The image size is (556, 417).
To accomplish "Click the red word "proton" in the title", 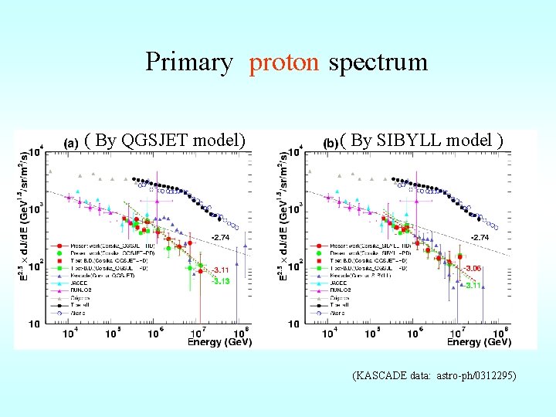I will [283, 62].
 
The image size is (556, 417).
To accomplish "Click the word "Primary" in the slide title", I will [188, 62].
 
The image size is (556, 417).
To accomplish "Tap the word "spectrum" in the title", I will [378, 62].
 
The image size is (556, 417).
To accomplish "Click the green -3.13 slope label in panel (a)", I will [221, 281].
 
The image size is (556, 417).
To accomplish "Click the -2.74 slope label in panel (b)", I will [480, 237].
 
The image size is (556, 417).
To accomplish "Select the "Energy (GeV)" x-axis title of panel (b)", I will [479, 341].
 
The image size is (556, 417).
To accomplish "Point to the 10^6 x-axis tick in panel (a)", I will [154, 333].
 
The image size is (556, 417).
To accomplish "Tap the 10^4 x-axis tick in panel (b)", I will [329, 333].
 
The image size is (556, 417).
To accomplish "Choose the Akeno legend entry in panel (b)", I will [340, 313].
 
